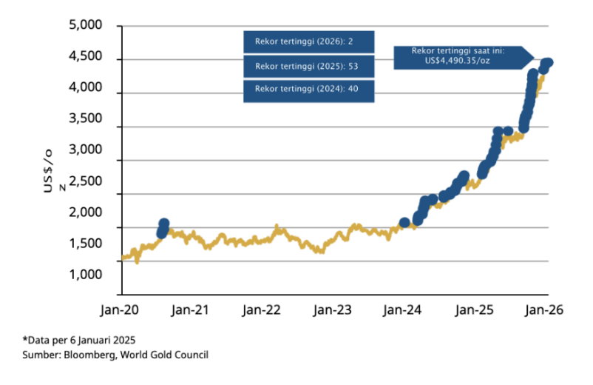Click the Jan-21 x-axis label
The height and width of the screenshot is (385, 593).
click(190, 311)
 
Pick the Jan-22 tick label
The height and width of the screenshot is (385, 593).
click(262, 311)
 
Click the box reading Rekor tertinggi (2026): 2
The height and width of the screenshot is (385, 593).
click(309, 41)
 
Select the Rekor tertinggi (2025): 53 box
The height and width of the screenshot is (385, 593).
click(309, 66)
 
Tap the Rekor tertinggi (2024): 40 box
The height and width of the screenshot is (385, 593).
click(309, 90)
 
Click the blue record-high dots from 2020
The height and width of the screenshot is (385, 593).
click(163, 228)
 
